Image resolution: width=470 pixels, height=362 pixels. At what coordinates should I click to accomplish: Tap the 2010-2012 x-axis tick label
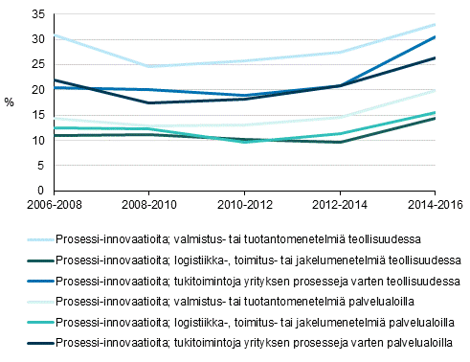245,204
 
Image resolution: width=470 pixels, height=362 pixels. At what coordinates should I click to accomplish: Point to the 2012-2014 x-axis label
340,204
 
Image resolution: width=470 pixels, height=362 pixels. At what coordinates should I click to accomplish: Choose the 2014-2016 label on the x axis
435,204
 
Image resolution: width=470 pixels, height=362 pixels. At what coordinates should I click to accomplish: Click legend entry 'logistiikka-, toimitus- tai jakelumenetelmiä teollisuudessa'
258,259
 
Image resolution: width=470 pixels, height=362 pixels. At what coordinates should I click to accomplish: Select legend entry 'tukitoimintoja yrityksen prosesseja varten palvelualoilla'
258,342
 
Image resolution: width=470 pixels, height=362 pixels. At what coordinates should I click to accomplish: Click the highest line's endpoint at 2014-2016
435,25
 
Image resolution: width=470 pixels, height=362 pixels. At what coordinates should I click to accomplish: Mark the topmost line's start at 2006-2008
56,34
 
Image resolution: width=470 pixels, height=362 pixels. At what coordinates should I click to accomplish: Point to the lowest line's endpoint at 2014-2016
435,118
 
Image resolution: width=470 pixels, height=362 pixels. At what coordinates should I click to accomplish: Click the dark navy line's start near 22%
56,79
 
